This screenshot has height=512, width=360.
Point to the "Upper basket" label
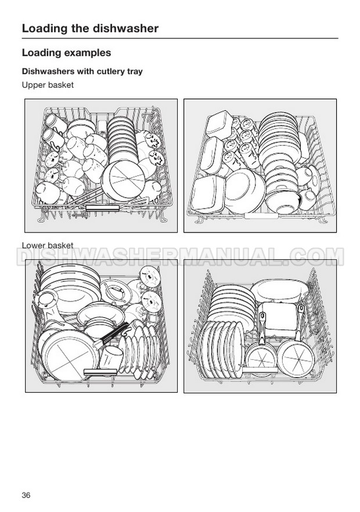(x=48, y=85)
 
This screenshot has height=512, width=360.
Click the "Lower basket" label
(x=48, y=245)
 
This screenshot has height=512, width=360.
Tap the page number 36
(x=26, y=495)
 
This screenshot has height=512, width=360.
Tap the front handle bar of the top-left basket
(x=102, y=208)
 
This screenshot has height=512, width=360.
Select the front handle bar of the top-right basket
(x=261, y=216)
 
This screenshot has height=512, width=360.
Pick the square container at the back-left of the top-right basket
(x=219, y=124)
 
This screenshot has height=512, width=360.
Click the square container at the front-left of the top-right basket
(x=208, y=194)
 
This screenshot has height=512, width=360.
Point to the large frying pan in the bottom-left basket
(x=69, y=355)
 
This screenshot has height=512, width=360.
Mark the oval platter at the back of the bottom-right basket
(x=279, y=289)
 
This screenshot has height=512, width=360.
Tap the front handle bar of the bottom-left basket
(x=100, y=371)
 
